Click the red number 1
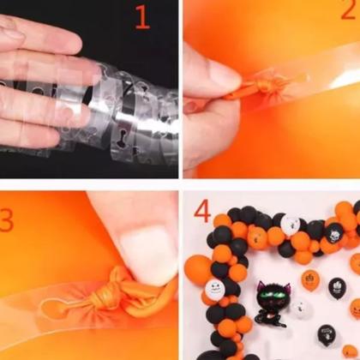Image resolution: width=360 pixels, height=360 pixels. coord(143,17)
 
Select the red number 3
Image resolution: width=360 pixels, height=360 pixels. coord(6,220)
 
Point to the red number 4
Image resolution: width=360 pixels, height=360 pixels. coord(202,212)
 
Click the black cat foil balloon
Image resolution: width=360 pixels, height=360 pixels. coord(272,303)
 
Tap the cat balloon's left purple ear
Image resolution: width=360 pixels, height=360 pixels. coord(261,286)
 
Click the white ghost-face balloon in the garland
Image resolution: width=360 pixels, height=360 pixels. coord(215,289)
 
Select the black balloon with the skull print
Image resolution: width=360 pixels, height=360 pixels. coord(333,233)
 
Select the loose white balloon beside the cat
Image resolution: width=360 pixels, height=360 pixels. coord(301,309)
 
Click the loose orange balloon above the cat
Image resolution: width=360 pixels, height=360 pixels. coord(310,279)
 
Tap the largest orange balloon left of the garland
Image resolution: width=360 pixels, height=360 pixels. coord(198,270)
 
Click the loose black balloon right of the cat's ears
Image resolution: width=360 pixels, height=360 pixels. coord(337,289)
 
